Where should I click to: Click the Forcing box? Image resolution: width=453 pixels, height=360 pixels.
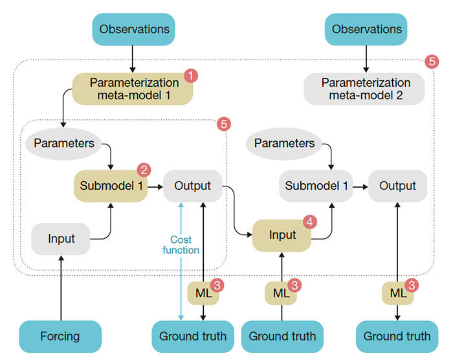click(60, 336)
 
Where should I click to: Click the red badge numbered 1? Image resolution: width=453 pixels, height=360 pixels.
click(190, 76)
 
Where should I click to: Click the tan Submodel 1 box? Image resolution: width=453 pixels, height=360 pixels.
click(110, 186)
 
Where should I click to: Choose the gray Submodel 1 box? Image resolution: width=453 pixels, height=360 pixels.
click(317, 186)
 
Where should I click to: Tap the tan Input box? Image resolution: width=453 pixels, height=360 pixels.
click(282, 235)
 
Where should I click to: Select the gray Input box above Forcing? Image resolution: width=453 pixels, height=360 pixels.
click(61, 238)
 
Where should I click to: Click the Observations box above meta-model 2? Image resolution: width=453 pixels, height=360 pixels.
click(366, 29)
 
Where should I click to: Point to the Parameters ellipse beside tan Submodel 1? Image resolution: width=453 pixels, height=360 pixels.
click(63, 143)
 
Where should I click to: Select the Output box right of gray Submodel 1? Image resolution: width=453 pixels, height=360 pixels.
click(397, 186)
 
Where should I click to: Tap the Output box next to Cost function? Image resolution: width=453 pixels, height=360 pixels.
click(192, 186)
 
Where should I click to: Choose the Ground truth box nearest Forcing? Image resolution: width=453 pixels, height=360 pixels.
click(193, 336)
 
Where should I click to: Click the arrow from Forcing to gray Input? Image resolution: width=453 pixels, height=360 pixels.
click(61, 288)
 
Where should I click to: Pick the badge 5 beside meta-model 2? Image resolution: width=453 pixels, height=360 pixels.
click(432, 62)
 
